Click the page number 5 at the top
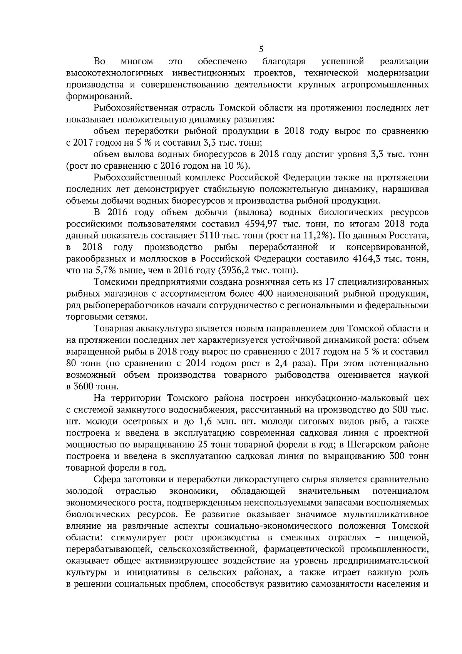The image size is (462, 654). pyautogui.click(x=261, y=49)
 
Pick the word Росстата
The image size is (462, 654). pyautogui.click(x=410, y=235)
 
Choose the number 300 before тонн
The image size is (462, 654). pyautogui.click(x=397, y=456)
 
